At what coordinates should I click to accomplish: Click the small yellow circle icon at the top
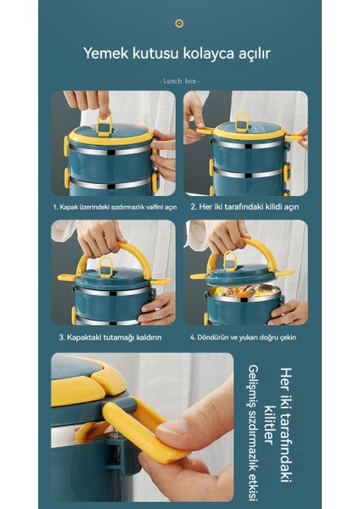point(179,23)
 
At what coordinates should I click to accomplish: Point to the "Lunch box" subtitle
point(179,80)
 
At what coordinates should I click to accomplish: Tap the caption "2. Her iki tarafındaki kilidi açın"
point(245,206)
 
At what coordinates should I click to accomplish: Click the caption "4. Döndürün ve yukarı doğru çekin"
point(245,337)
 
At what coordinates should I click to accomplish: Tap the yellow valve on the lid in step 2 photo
point(242,120)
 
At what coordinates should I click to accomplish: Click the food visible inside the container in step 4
point(245,293)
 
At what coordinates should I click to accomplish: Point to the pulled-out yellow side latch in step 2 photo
point(205,131)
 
